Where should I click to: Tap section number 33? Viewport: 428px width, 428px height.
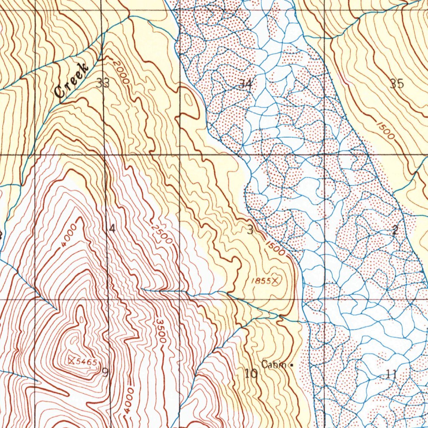point(103,83)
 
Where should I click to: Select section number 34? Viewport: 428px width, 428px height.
point(246,84)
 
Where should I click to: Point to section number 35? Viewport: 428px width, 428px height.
point(397,84)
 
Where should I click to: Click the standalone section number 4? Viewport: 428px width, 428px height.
point(112,228)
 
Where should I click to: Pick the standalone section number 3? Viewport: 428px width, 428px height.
point(250,230)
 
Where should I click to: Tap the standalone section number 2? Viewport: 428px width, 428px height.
point(395,229)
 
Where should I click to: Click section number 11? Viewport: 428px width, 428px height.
point(392,374)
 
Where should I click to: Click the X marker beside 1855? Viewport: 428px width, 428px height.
point(275,281)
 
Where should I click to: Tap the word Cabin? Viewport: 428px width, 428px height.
point(274,364)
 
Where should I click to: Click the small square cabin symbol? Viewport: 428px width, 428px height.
point(291,365)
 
